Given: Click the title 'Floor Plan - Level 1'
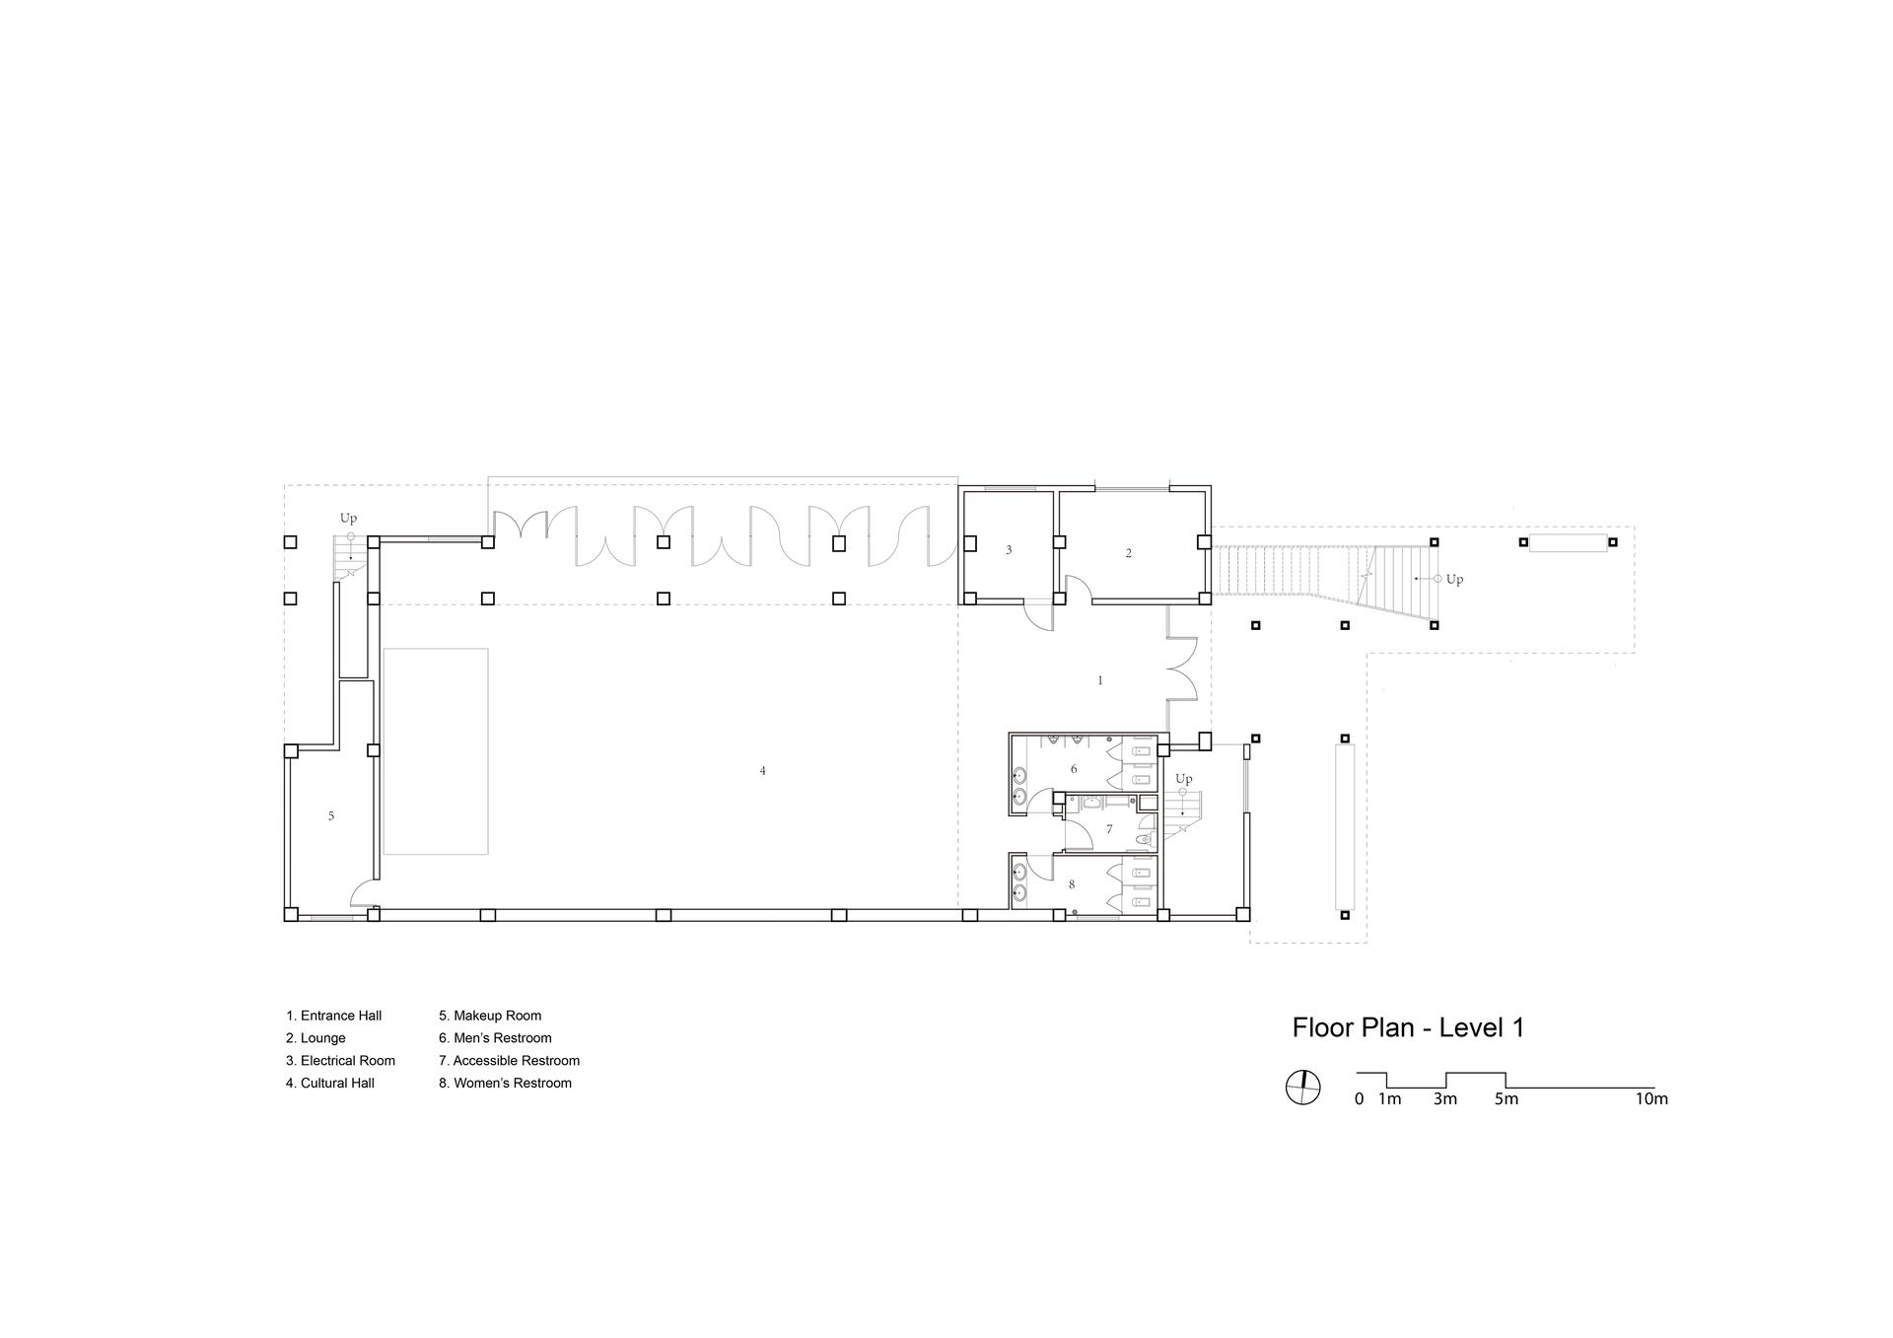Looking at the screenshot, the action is pyautogui.click(x=1408, y=1027).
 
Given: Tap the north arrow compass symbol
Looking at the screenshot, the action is pyautogui.click(x=1302, y=1088).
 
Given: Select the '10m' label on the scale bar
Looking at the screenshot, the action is pyautogui.click(x=1651, y=1098).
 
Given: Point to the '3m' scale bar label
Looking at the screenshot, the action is pyautogui.click(x=1444, y=1098).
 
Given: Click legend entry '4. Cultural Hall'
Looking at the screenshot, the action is pyautogui.click(x=330, y=1083).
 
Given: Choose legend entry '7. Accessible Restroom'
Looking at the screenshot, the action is pyautogui.click(x=509, y=1061).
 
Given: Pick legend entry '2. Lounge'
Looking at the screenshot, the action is pyautogui.click(x=315, y=1038).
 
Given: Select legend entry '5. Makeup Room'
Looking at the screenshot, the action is pyautogui.click(x=490, y=1016).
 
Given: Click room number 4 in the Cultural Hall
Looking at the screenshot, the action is pyautogui.click(x=762, y=771).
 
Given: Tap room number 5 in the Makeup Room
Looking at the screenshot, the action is pyautogui.click(x=331, y=815).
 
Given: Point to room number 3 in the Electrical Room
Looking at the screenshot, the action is pyautogui.click(x=1009, y=550).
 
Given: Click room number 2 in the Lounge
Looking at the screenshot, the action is pyautogui.click(x=1129, y=553).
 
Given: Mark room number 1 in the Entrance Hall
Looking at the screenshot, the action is pyautogui.click(x=1100, y=680).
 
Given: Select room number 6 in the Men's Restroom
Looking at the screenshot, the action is pyautogui.click(x=1074, y=769).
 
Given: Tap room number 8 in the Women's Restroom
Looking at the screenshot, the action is pyautogui.click(x=1072, y=884).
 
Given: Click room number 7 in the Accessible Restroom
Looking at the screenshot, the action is pyautogui.click(x=1109, y=829).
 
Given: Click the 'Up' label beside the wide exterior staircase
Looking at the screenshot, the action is pyautogui.click(x=1454, y=580).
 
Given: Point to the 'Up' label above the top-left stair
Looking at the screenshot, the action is pyautogui.click(x=348, y=518).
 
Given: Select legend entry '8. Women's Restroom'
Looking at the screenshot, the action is pyautogui.click(x=505, y=1083).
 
